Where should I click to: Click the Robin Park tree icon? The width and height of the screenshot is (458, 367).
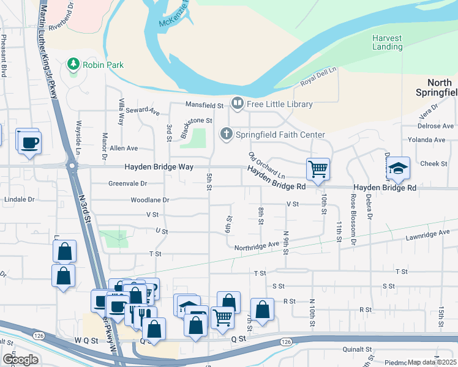click(73, 64)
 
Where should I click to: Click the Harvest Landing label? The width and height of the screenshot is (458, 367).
click(388, 42)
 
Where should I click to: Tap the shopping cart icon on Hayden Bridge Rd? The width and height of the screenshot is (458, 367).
click(318, 168)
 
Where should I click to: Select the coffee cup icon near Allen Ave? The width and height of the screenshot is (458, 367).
click(28, 143)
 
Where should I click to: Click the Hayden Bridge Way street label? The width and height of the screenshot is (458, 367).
click(159, 166)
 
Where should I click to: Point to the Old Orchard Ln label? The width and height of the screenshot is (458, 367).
click(267, 165)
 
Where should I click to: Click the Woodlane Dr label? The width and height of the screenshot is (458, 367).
click(149, 200)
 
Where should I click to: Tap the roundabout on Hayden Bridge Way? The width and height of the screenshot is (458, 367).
click(72, 165)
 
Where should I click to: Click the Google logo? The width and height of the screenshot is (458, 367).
click(21, 360)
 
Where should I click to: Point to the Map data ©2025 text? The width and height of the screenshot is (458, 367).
click(432, 362)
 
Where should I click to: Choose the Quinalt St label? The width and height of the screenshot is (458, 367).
click(358, 349)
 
